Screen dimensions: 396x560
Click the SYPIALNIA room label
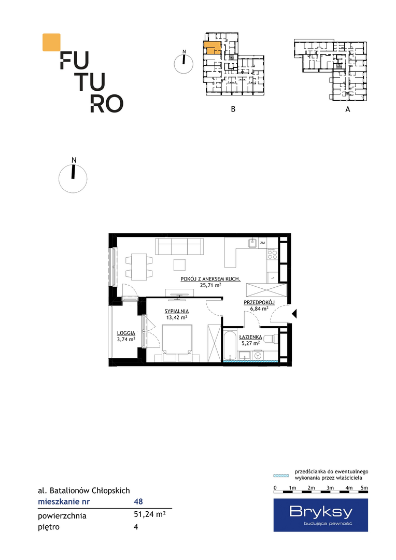click(176, 311)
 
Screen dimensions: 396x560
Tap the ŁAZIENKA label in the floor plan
click(251, 337)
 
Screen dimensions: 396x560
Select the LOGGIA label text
click(126, 333)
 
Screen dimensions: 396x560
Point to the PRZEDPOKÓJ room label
click(259, 302)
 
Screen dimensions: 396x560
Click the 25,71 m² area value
click(210, 285)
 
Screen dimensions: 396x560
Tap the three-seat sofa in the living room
click(179, 246)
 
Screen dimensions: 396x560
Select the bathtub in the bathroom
click(230, 346)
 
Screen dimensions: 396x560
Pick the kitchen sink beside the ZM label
click(253, 243)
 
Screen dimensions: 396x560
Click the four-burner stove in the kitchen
click(272, 254)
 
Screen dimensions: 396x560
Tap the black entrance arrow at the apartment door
click(294, 314)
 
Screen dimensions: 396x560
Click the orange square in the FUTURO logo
click(51, 42)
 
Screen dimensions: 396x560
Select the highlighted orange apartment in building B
click(212, 48)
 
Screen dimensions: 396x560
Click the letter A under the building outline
click(348, 109)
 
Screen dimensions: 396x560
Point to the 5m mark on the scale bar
click(364, 488)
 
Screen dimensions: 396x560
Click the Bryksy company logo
click(321, 515)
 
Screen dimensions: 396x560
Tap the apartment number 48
click(138, 501)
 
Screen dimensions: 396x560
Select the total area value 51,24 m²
click(149, 515)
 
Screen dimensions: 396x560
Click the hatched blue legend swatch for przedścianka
click(281, 475)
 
